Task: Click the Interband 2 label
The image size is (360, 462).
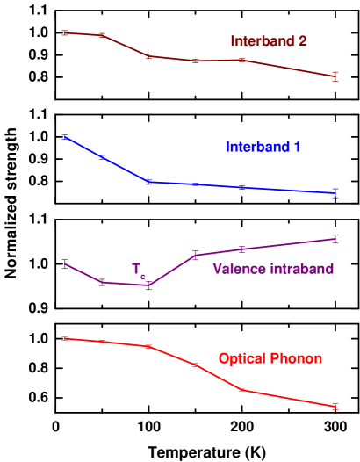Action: [268, 41]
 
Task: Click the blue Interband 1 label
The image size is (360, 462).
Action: [263, 147]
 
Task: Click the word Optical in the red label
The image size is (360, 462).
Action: [241, 358]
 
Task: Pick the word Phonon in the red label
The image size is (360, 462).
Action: [295, 358]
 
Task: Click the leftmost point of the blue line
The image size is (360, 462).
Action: [65, 136]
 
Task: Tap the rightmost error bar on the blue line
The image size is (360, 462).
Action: [335, 193]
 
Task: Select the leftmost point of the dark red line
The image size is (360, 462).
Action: [65, 33]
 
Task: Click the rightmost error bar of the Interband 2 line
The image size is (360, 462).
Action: [335, 76]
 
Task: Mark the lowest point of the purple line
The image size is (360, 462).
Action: [150, 285]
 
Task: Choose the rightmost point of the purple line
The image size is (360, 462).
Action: [335, 239]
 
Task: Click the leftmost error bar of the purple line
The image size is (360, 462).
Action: [65, 263]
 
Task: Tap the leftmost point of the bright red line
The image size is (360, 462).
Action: [65, 338]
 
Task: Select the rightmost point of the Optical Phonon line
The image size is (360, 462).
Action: [335, 407]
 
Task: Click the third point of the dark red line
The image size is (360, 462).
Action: [150, 56]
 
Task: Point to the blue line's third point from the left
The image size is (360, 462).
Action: [150, 182]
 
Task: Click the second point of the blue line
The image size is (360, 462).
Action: [103, 157]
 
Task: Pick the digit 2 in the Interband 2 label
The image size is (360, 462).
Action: [302, 41]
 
